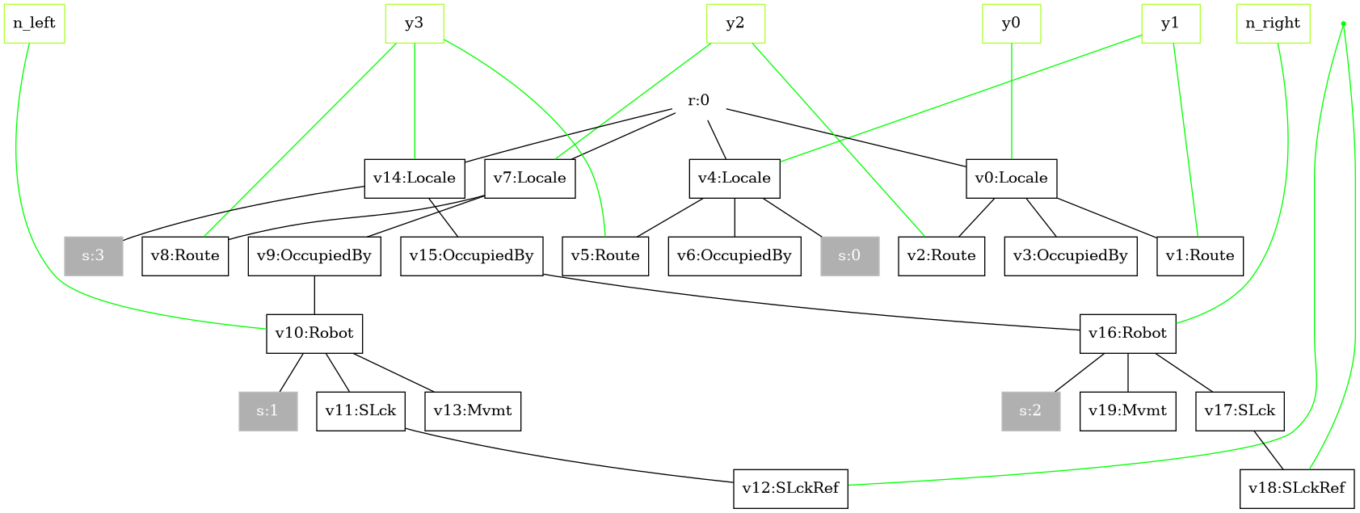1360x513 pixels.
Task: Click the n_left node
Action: click(x=34, y=23)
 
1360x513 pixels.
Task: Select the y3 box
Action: click(x=415, y=23)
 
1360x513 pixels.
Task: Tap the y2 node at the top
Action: click(x=735, y=23)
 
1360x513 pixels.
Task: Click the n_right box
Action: click(x=1273, y=23)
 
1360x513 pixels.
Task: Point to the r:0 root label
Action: click(x=699, y=101)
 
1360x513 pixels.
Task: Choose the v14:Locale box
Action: click(x=415, y=179)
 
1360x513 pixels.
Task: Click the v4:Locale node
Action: click(x=735, y=179)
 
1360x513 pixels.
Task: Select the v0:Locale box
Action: click(x=1012, y=179)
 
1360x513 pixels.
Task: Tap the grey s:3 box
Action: click(x=94, y=256)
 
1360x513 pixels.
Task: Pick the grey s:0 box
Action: click(x=849, y=256)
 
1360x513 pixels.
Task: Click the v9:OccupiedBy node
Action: click(x=314, y=256)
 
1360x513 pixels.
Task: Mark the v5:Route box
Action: click(x=605, y=256)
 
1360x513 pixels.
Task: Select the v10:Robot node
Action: click(x=314, y=334)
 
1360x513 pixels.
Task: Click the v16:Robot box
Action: click(x=1127, y=334)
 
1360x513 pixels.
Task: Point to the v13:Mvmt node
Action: click(x=473, y=411)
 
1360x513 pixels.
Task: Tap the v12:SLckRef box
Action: click(x=790, y=489)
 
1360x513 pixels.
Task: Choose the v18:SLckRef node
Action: click(x=1297, y=489)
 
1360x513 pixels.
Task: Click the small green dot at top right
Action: click(x=1343, y=23)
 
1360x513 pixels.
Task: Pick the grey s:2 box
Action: click(x=1030, y=411)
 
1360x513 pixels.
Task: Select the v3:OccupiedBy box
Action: click(x=1071, y=256)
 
